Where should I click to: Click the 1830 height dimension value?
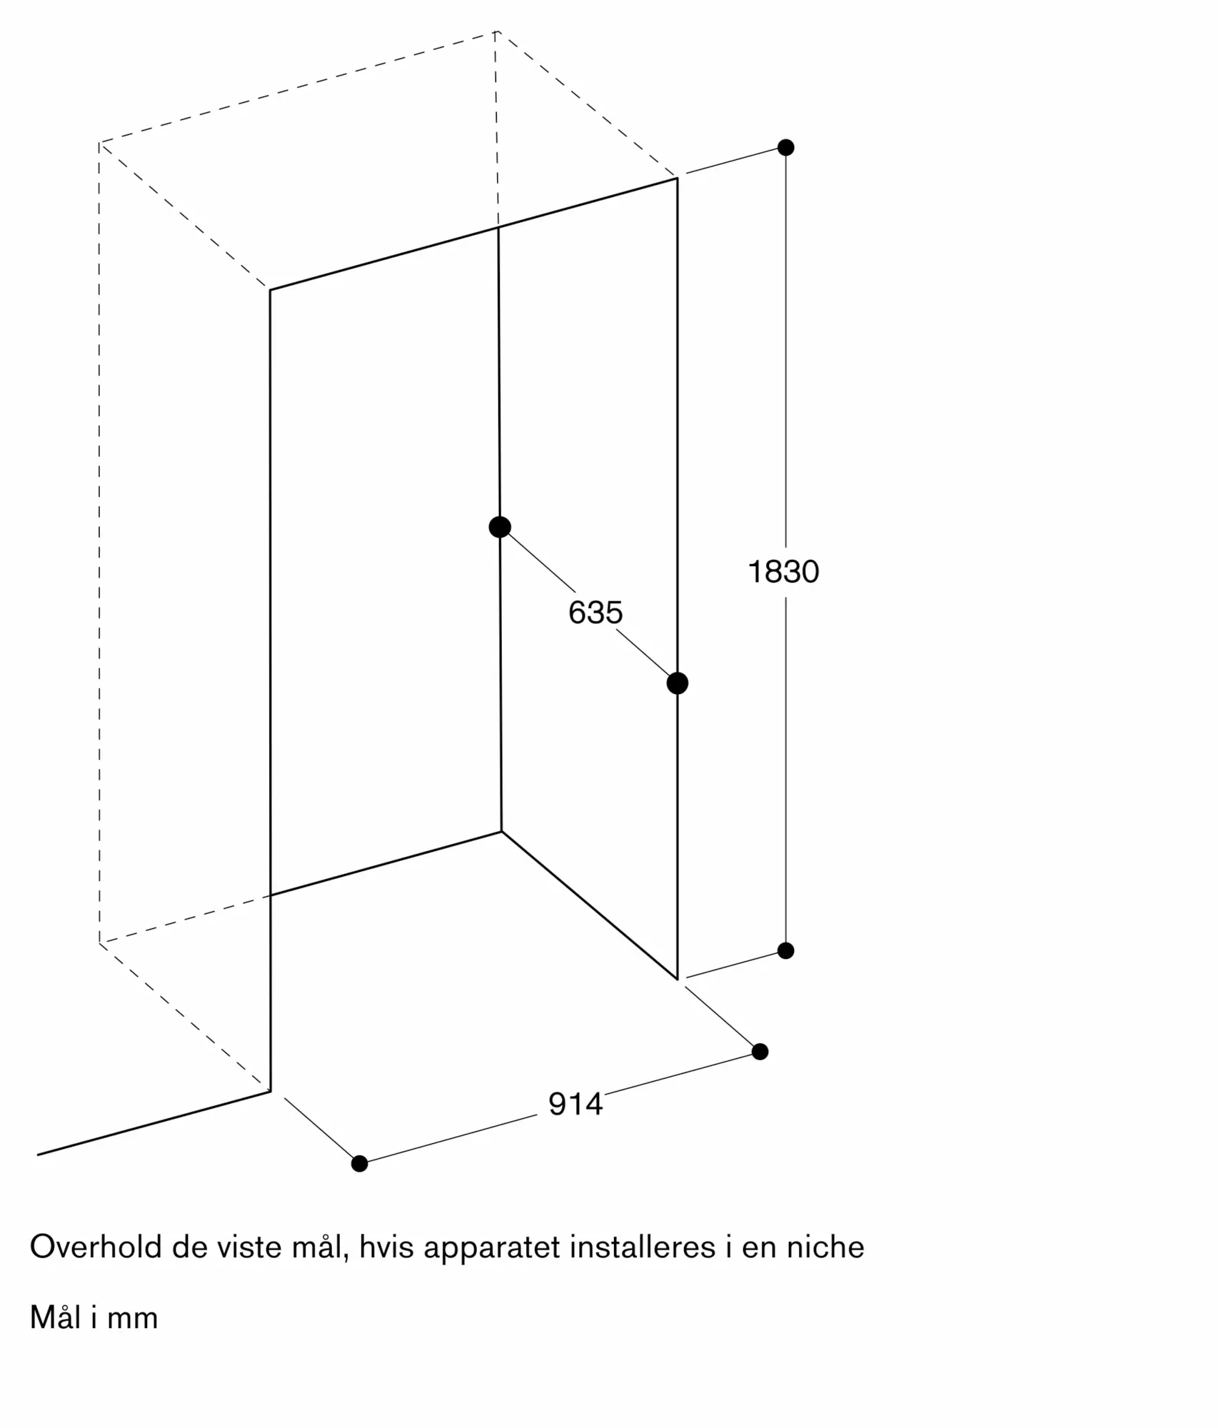(x=783, y=572)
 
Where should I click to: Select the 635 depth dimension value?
(x=595, y=613)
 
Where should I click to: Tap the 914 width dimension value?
(x=575, y=1104)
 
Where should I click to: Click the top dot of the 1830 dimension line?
(x=785, y=148)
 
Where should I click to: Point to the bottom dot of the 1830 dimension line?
(x=785, y=950)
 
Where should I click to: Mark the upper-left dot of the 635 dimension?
(x=500, y=527)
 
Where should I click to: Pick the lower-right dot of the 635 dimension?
(x=677, y=683)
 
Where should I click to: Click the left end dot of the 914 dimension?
(x=360, y=1163)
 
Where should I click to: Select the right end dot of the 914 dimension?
(x=760, y=1051)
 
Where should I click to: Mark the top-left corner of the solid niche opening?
(x=270, y=290)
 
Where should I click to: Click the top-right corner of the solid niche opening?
(x=677, y=178)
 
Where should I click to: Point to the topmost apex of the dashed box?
(x=495, y=31)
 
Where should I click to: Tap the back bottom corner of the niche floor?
(x=501, y=831)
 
